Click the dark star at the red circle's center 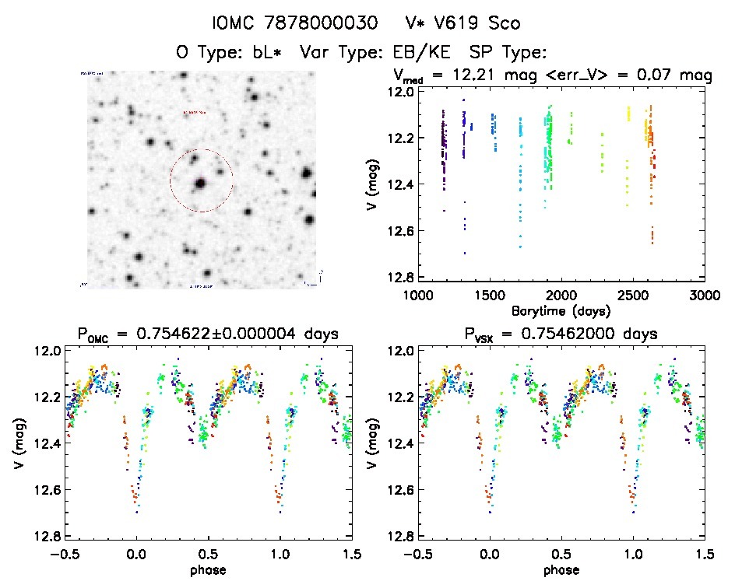[x=201, y=184]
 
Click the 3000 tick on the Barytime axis [x=704, y=296]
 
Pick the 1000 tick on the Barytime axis [x=417, y=296]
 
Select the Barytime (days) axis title [x=560, y=311]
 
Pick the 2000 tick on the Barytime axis [x=561, y=296]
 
